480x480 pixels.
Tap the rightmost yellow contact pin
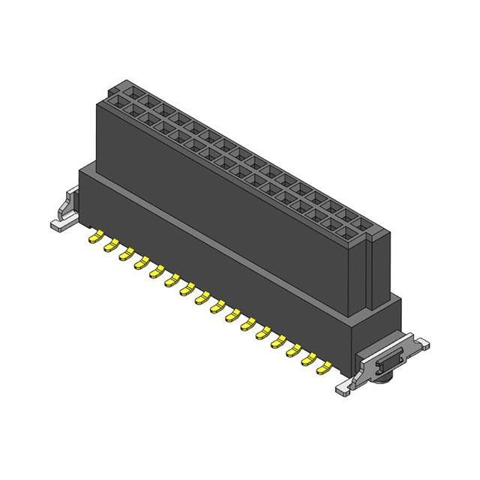[325, 366]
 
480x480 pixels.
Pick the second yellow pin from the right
[309, 358]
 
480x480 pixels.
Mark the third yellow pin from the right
[294, 349]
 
